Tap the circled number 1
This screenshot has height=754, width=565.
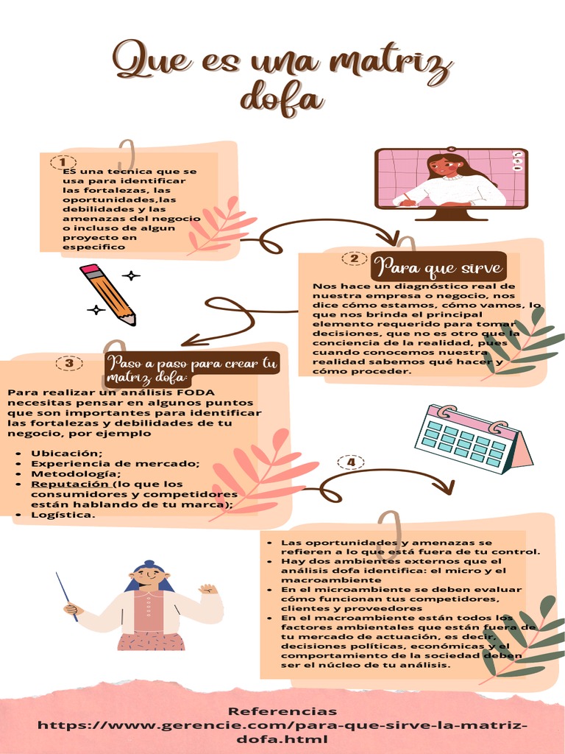coord(63,162)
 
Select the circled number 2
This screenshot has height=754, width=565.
coord(355,258)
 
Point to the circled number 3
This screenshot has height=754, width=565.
coord(69,363)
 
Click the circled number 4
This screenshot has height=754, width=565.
coord(351,462)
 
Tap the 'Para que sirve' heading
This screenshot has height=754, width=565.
coord(438,267)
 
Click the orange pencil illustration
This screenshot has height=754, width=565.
coord(108,295)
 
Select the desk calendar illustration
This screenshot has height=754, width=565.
coord(473,439)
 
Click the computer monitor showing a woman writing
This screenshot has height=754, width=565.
coord(451,183)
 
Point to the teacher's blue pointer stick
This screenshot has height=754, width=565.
coord(67,596)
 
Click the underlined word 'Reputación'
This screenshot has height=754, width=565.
coord(70,485)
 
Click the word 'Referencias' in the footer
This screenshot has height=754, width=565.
coord(282,711)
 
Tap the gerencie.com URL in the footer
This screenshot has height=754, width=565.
coord(282,732)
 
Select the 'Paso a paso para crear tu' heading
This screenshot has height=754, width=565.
coord(193,363)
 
